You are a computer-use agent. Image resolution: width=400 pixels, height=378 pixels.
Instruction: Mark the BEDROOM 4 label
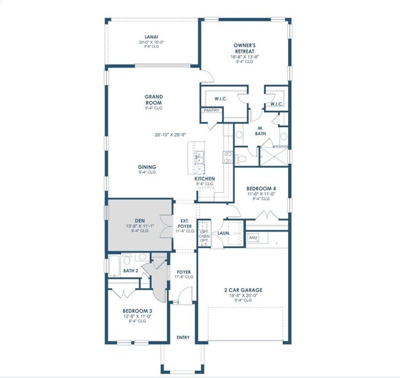click(x=258, y=188)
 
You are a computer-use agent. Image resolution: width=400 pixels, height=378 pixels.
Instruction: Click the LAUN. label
click(x=223, y=233)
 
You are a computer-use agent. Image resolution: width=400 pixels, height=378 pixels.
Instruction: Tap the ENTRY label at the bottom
click(x=183, y=337)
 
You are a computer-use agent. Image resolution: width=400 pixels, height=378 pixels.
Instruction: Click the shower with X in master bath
click(x=271, y=156)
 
